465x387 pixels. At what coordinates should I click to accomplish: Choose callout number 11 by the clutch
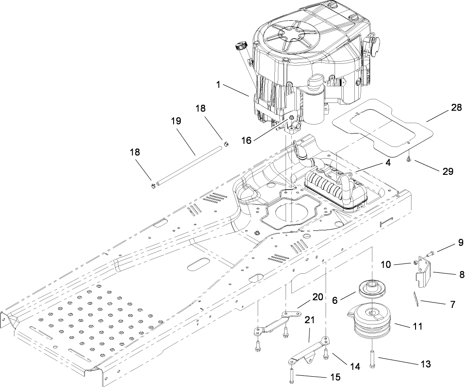417,327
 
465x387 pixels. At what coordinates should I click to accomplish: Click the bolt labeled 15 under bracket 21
293,374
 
